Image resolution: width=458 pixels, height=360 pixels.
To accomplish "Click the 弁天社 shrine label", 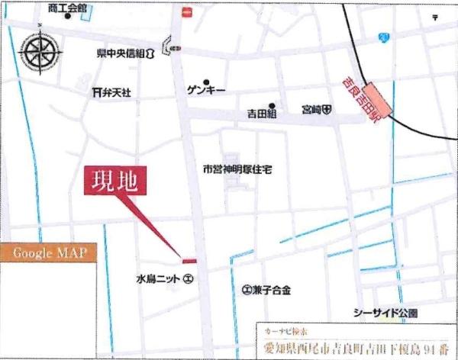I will coord(112,92).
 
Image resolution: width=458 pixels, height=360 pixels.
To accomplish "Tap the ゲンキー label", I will coord(206,90).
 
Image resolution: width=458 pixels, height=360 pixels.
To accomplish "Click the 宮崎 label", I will coord(315,110).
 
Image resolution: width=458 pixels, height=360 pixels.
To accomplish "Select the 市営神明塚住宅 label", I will coord(237,169).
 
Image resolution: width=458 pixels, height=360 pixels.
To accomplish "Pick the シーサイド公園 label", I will coord(385,313).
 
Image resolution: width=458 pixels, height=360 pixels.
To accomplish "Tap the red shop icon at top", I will coord(185,11).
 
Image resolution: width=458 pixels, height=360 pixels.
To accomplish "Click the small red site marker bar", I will coord(189,262).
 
